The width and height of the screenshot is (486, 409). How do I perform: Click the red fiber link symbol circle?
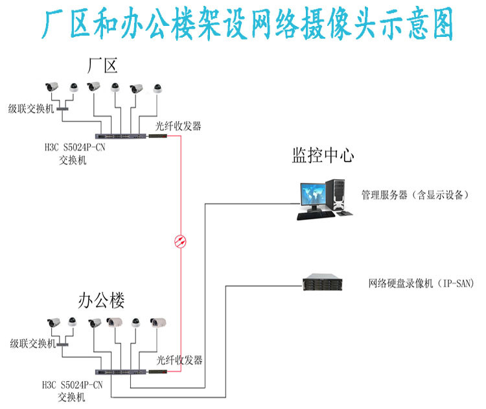[x=180, y=242]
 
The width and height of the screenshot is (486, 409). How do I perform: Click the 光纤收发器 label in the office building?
[x=180, y=360]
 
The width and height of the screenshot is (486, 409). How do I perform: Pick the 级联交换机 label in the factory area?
[x=30, y=108]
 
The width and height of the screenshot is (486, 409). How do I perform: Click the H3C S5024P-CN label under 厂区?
[x=72, y=148]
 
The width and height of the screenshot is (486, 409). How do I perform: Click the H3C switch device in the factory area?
[x=121, y=136]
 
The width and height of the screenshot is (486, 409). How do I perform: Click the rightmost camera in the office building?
[x=159, y=322]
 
